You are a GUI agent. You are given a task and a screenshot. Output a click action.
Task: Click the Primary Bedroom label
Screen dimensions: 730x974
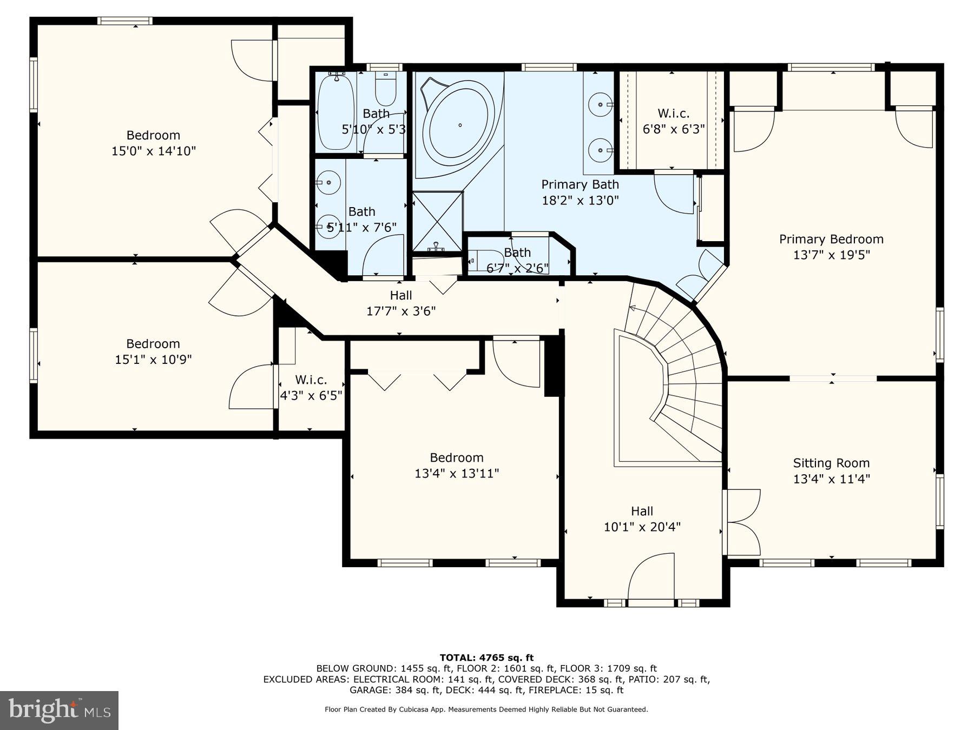(x=831, y=239)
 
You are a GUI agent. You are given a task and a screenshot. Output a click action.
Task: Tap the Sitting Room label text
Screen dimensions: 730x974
(x=831, y=463)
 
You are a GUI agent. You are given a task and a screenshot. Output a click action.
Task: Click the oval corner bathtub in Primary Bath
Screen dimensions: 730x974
(x=459, y=124)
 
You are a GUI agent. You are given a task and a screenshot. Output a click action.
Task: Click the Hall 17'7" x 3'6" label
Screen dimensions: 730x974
(x=400, y=303)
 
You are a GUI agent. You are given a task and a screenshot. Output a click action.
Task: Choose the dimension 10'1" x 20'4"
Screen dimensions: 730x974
(x=642, y=527)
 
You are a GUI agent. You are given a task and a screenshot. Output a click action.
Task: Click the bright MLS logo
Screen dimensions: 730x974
(x=59, y=710)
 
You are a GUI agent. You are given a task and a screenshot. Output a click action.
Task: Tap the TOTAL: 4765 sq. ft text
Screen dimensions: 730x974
(x=486, y=658)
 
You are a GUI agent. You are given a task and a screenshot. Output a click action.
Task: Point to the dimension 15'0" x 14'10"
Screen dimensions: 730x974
(x=153, y=151)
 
